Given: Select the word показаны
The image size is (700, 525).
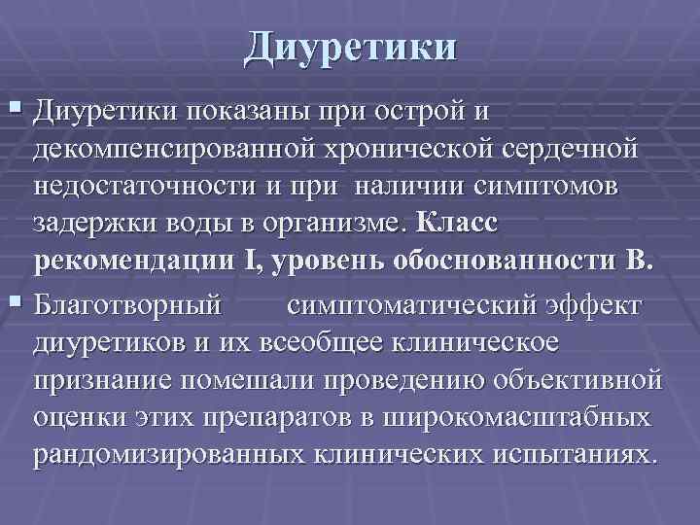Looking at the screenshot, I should (243, 114).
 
